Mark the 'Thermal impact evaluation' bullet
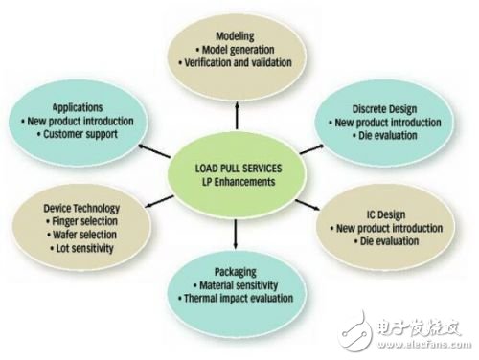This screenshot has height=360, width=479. click(239, 300)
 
